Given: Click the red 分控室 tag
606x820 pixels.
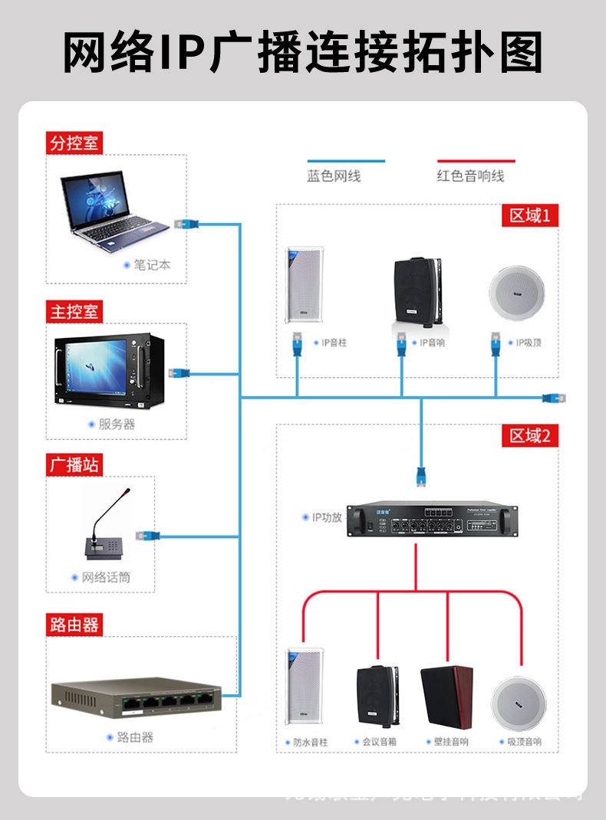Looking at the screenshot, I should coord(74,143).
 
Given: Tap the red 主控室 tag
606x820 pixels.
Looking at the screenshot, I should coord(74,312).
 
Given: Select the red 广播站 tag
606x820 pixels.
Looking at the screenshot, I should coord(74,465).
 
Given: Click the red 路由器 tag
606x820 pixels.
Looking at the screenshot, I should coord(74,625).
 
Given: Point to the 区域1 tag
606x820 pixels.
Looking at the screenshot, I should coord(529,215).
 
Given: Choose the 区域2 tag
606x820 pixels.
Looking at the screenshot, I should coord(529,436).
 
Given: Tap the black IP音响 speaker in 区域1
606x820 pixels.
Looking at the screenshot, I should coord(417,292).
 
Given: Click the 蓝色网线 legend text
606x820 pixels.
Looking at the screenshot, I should coord(334,176).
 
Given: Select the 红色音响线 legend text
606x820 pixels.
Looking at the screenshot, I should coord(470,176).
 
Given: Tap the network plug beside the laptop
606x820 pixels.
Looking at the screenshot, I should coord(187,225).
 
